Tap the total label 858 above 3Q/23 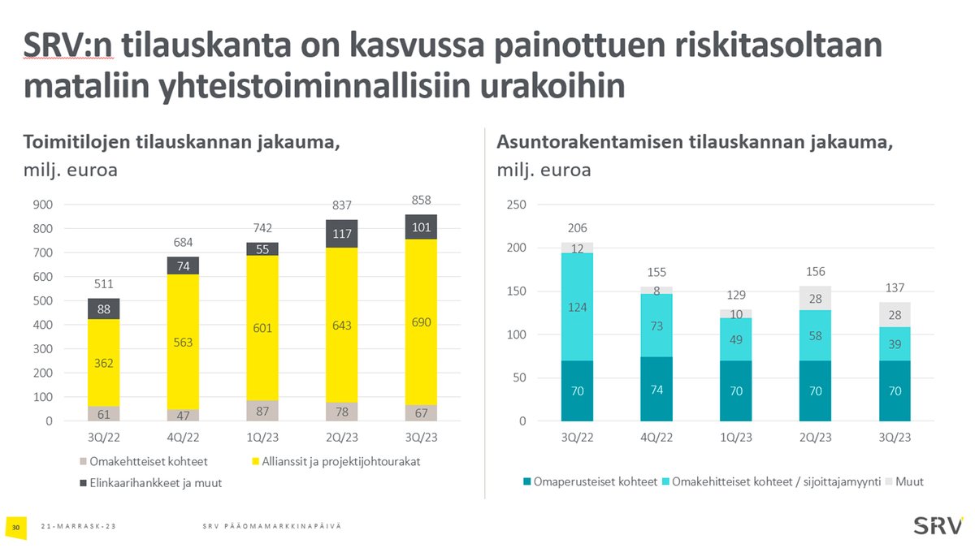tap(421, 200)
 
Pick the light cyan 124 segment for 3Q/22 tap(577, 307)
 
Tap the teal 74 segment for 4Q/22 tap(656, 390)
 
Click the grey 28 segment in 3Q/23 tap(894, 315)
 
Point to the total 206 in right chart tap(577, 228)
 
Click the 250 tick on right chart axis tap(516, 205)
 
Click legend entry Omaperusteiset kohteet tap(594, 481)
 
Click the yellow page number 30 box tap(15, 528)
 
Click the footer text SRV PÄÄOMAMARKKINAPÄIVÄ tap(271, 528)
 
